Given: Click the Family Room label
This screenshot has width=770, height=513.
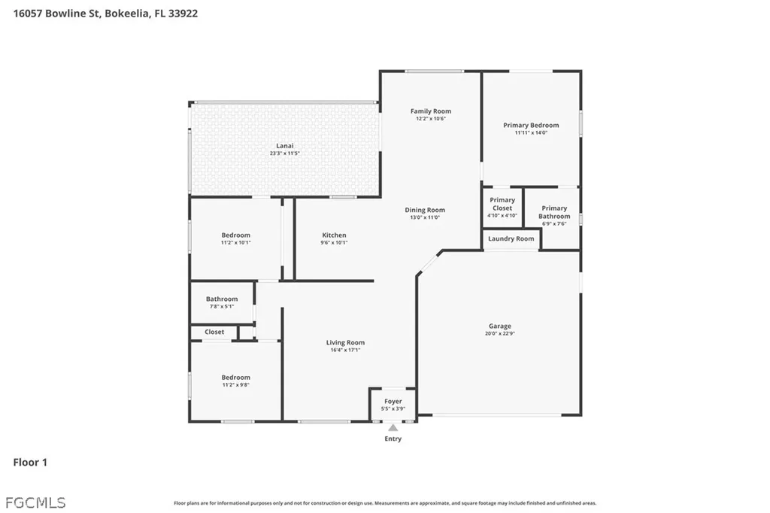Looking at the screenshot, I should tap(431, 111).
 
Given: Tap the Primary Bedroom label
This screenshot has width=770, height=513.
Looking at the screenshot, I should tap(531, 125).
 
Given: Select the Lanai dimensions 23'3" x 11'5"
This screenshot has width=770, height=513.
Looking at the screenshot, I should tap(284, 153).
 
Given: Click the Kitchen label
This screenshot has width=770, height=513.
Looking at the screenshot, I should tap(334, 235).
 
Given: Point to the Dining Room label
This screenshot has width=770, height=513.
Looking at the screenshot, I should tap(425, 210).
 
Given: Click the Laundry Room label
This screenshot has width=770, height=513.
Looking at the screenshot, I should tap(511, 239).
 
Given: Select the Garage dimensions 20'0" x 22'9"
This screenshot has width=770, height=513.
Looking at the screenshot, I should tap(499, 334).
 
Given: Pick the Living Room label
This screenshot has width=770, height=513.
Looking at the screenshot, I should tap(345, 342).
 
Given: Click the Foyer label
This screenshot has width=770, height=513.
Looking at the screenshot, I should tap(393, 402).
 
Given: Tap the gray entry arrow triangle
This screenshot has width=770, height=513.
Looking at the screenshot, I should tap(393, 428).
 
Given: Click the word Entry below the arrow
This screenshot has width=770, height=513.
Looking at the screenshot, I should tap(393, 439).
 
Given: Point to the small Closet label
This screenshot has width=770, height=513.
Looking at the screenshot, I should tap(214, 332).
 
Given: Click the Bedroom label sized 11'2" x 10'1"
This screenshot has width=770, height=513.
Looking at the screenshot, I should tap(235, 235).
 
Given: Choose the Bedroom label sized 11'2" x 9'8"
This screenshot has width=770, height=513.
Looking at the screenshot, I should tap(235, 378).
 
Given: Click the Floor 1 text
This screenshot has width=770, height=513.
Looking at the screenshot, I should tap(30, 463).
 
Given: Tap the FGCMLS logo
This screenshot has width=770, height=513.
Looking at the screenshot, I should tap(35, 502).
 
